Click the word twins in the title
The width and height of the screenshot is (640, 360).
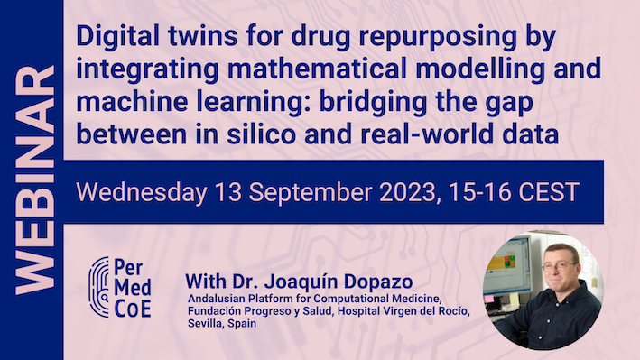point(187,39)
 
